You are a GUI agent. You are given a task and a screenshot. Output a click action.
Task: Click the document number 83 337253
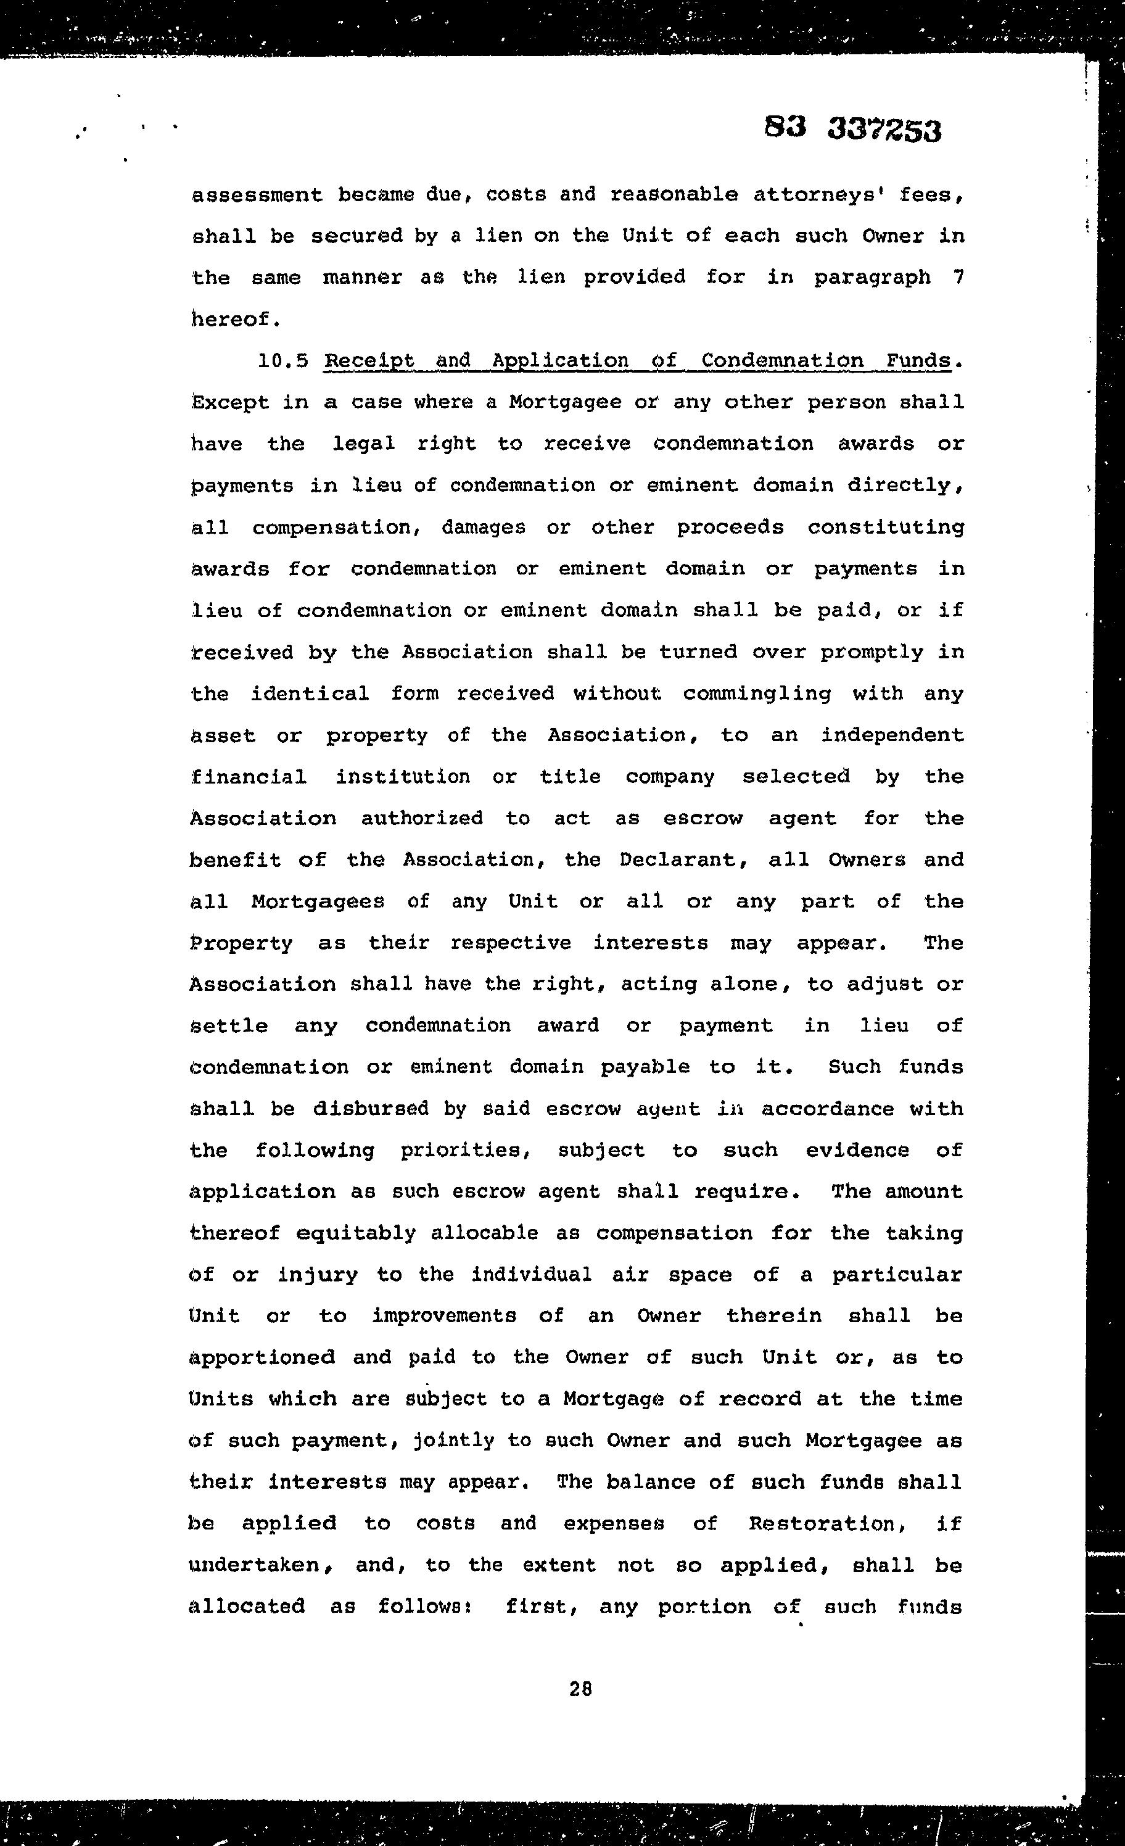852,129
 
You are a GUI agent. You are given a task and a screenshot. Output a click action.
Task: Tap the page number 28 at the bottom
580,1689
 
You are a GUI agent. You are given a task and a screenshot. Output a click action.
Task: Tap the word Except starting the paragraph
230,402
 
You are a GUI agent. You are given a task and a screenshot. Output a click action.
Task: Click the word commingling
757,693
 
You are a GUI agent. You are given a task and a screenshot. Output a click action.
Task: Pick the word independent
892,735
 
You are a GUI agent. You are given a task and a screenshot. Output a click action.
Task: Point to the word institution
402,777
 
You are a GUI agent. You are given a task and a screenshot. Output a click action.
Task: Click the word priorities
465,1150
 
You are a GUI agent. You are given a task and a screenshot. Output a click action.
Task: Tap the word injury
318,1275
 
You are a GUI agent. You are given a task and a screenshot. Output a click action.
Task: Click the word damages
483,528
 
